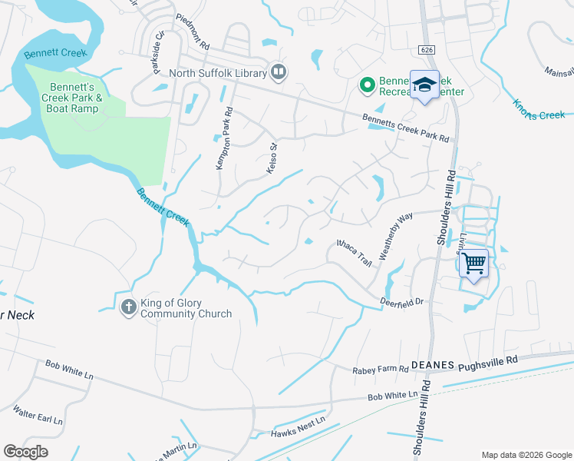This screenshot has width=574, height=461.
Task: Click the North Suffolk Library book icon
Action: pyautogui.click(x=279, y=73)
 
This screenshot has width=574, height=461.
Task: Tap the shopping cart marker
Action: pyautogui.click(x=474, y=264)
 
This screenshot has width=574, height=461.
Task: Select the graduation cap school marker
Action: pyautogui.click(x=424, y=85)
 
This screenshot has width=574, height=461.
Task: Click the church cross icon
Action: pyautogui.click(x=129, y=307)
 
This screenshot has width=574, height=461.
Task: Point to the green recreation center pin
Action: pyautogui.click(x=367, y=85)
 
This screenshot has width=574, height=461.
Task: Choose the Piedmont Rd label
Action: pyautogui.click(x=193, y=32)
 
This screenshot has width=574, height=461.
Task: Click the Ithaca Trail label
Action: pyautogui.click(x=355, y=252)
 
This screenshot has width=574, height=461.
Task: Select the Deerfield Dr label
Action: pyautogui.click(x=403, y=302)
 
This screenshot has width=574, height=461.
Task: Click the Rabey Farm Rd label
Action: pyautogui.click(x=380, y=370)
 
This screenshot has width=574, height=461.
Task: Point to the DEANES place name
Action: pyautogui.click(x=433, y=366)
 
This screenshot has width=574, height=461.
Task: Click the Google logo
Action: pyautogui.click(x=25, y=451)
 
